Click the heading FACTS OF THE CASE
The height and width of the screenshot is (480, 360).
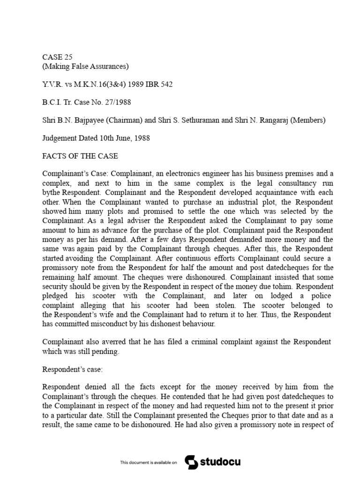click(x=80, y=156)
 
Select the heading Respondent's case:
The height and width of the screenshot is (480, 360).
click(x=72, y=368)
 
